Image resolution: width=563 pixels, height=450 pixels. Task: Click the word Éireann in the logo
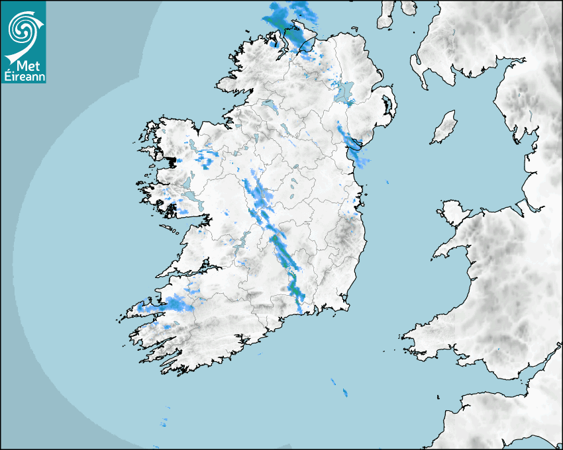[24, 76]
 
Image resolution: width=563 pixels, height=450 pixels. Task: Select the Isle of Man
[444, 128]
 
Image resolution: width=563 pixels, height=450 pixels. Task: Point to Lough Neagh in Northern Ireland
[345, 93]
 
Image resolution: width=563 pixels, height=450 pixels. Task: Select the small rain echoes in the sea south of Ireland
[338, 387]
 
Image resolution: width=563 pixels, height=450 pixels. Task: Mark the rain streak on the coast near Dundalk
[351, 142]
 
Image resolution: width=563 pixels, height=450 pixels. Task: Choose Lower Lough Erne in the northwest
[268, 105]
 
